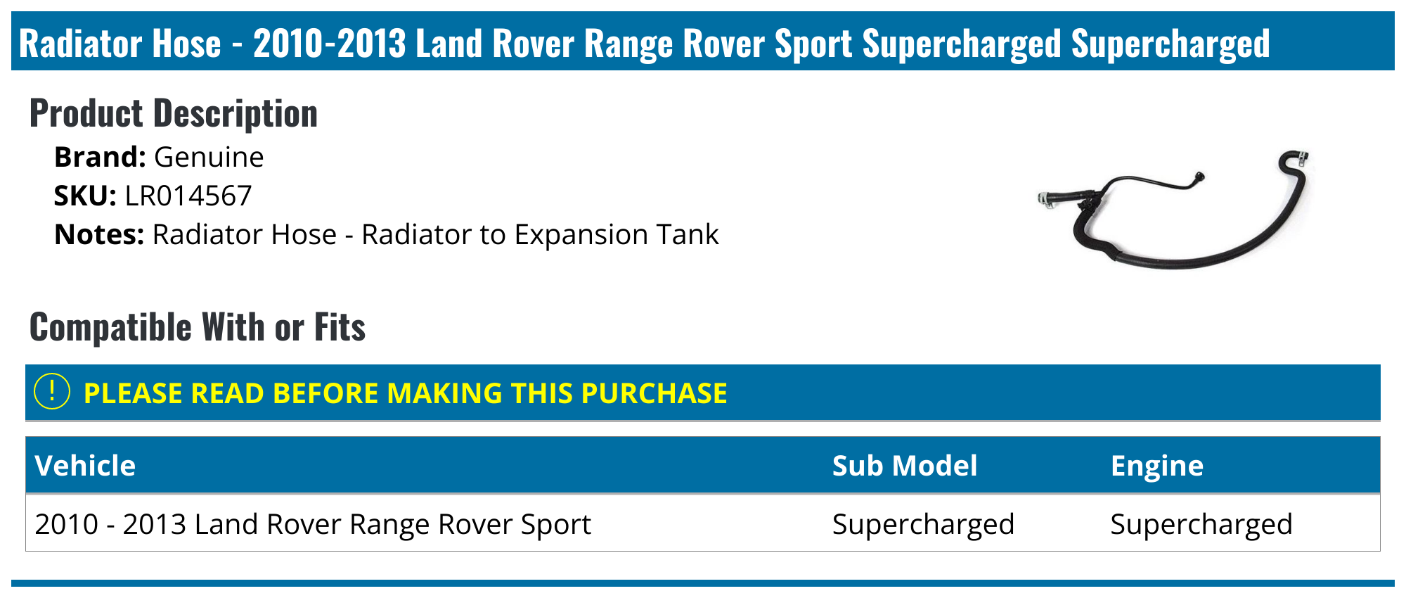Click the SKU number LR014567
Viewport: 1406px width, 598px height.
pos(188,196)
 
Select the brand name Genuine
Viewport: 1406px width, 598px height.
pos(209,157)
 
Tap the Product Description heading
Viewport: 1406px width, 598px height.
pos(173,113)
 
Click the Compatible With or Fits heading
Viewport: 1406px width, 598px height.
pos(198,327)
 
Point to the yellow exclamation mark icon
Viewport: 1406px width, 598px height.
pos(52,392)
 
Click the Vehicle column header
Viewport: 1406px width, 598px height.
pos(85,466)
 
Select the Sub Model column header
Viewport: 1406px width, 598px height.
pos(904,466)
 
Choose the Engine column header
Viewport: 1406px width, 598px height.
pos(1156,466)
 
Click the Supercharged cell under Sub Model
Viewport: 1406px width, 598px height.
pos(923,524)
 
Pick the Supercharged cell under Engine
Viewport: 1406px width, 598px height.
pos(1201,524)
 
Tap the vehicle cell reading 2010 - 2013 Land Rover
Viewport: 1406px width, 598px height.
pos(312,524)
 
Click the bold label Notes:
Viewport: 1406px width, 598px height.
pos(99,234)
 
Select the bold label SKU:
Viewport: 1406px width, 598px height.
pos(85,196)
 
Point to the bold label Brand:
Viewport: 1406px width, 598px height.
pos(100,157)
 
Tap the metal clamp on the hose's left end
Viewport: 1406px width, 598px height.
pos(1047,199)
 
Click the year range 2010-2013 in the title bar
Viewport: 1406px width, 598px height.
pos(329,44)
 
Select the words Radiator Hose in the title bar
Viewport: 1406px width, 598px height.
pos(120,44)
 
